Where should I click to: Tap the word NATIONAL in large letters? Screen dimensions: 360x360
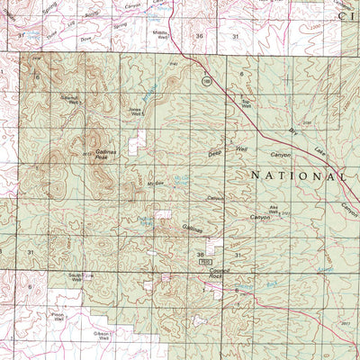296,175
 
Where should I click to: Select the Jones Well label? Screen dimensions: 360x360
137,112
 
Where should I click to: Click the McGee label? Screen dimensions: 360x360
153,183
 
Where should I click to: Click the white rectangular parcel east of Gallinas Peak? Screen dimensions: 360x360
139,139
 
